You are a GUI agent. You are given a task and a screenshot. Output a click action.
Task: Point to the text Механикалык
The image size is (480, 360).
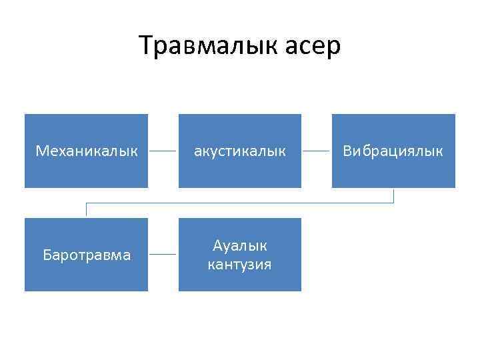[86, 151]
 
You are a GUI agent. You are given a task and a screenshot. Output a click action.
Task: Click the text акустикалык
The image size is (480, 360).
[239, 151]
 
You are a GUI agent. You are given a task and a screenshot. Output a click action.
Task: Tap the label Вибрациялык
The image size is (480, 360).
[393, 151]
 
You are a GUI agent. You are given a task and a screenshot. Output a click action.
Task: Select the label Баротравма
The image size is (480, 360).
[86, 255]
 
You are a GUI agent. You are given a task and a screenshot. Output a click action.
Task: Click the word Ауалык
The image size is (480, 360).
[239, 245]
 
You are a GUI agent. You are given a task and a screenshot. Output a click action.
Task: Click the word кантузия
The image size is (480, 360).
[239, 265]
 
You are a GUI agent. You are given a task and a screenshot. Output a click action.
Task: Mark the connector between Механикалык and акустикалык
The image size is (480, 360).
[163, 151]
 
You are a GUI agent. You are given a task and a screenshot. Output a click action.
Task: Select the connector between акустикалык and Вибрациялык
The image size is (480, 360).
[317, 151]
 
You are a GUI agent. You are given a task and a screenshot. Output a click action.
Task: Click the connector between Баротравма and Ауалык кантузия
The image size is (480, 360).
[163, 255]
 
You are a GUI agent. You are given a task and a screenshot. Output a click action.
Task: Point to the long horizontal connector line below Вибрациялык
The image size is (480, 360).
[240, 202]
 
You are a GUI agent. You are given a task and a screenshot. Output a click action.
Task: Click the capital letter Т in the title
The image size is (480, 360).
[146, 46]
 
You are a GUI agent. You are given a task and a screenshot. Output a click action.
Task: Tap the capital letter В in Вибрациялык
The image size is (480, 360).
[347, 151]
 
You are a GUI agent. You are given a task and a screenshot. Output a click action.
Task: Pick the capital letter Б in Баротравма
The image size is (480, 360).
[46, 255]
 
